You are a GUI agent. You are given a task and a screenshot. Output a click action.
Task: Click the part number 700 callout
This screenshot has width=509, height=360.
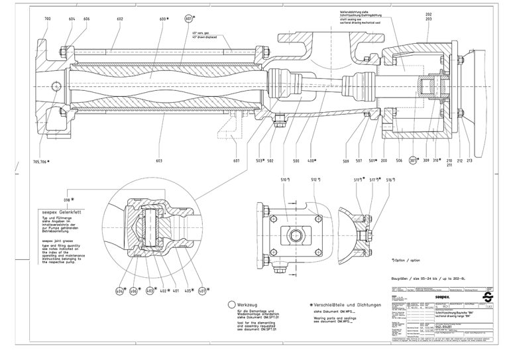pyautogui.click(x=47, y=19)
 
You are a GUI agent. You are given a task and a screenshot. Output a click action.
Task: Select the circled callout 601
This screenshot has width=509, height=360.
pyautogui.click(x=190, y=19)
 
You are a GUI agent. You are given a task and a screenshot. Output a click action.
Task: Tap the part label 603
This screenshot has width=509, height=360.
pyautogui.click(x=159, y=161)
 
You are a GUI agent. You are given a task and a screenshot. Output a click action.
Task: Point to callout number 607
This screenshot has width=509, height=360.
pyautogui.click(x=237, y=161)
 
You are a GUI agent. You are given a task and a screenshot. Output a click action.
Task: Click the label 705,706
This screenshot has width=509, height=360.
pyautogui.click(x=40, y=161)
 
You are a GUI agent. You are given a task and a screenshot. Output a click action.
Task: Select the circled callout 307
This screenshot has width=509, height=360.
pyautogui.click(x=413, y=160)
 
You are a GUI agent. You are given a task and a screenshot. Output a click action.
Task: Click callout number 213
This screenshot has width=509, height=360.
pyautogui.click(x=470, y=161)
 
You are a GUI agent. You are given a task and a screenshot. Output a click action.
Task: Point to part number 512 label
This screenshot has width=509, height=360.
pyautogui.click(x=315, y=180)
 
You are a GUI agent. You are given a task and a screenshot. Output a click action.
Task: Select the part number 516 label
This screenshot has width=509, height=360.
pyautogui.click(x=391, y=180)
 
